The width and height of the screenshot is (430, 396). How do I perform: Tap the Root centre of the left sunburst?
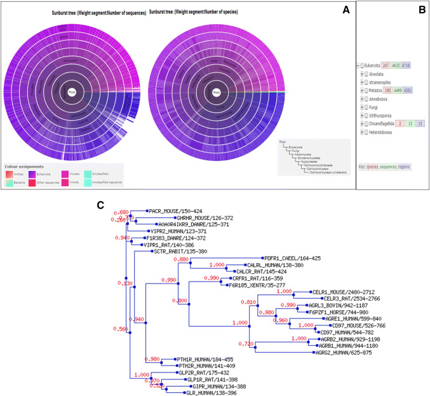(x=72, y=91)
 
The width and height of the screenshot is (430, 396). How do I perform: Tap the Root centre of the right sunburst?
(x=217, y=91)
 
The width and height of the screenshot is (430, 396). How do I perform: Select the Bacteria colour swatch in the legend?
(x=10, y=182)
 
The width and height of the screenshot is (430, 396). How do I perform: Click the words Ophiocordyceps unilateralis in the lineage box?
(x=330, y=173)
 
